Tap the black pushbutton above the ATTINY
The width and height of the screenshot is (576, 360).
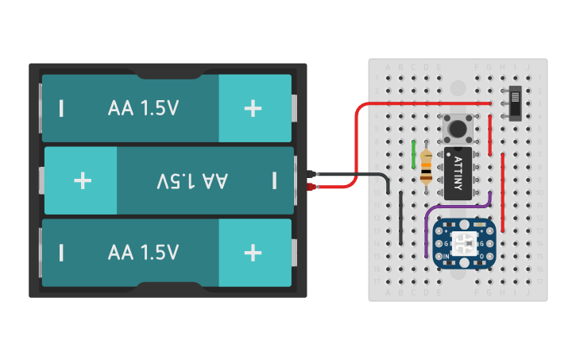pos(458,127)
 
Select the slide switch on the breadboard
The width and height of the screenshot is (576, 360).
pos(515,103)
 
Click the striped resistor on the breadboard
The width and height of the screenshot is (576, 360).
pos(427,168)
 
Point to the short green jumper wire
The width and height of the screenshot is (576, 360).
pos(414,154)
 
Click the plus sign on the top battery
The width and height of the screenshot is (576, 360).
pos(253,109)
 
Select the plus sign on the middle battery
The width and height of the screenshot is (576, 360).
pos(83,180)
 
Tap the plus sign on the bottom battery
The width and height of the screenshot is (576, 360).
pos(253,253)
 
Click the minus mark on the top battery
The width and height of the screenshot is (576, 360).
pos(61,109)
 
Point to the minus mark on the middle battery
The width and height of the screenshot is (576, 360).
pos(274,180)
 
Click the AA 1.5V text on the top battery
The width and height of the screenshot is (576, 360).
pos(143,109)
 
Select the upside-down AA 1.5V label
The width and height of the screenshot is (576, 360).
pos(192,181)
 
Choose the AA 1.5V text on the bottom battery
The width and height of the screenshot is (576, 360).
pos(143,253)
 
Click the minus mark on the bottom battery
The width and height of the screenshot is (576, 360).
pos(61,253)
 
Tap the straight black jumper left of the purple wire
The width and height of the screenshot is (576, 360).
pos(401,219)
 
